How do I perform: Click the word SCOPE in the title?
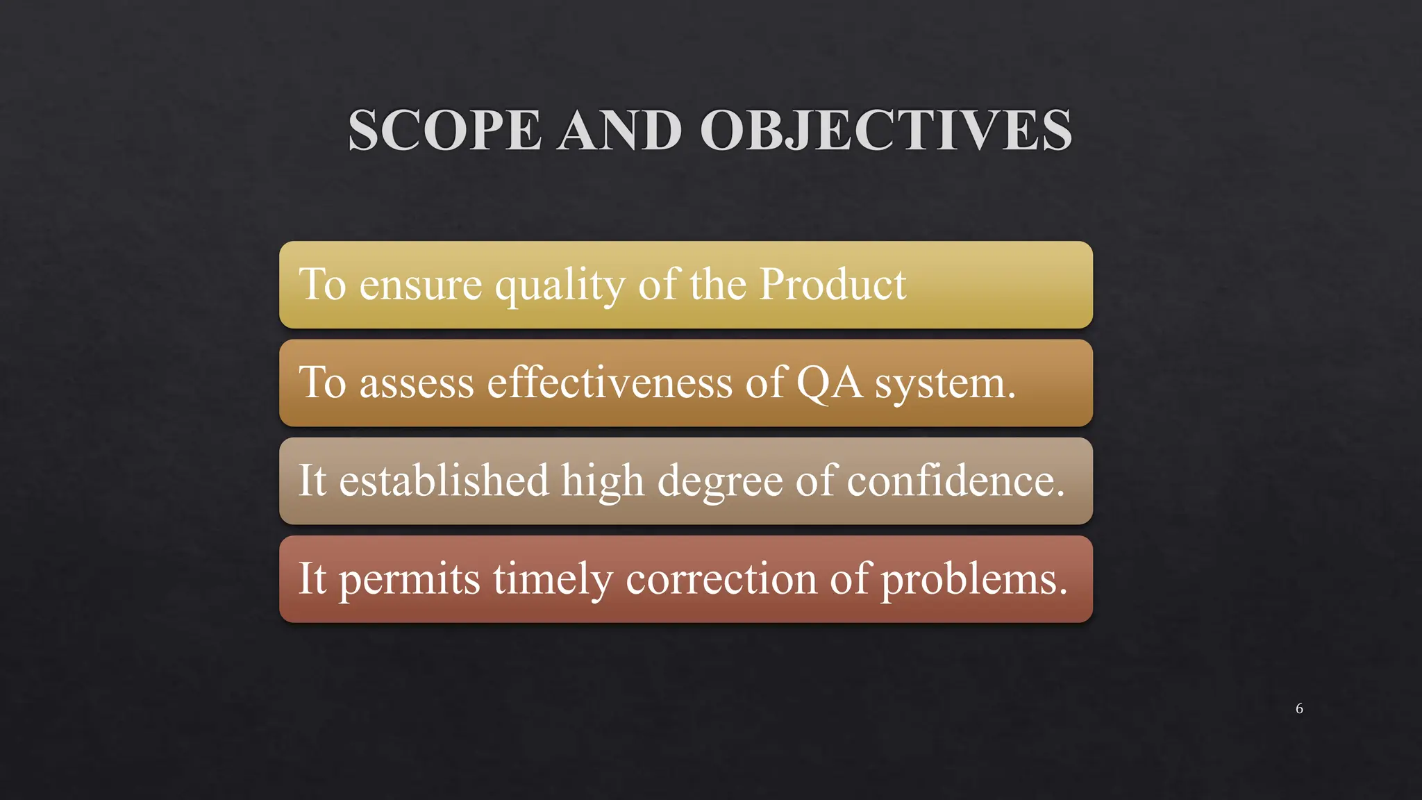tap(444, 131)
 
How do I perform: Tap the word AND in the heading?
tap(619, 131)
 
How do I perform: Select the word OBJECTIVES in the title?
tap(886, 131)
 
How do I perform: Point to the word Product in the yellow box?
tap(833, 284)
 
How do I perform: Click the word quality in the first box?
tap(560, 286)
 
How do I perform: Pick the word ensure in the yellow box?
tap(420, 285)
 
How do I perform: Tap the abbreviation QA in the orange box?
tap(829, 383)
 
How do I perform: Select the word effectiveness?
tap(610, 383)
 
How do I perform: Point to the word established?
tap(444, 481)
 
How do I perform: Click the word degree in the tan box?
tap(720, 482)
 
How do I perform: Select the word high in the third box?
tap(603, 481)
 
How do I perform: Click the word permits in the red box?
tap(409, 580)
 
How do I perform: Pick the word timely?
tap(553, 580)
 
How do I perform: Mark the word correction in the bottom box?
tap(721, 579)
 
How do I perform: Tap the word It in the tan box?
tap(312, 481)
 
